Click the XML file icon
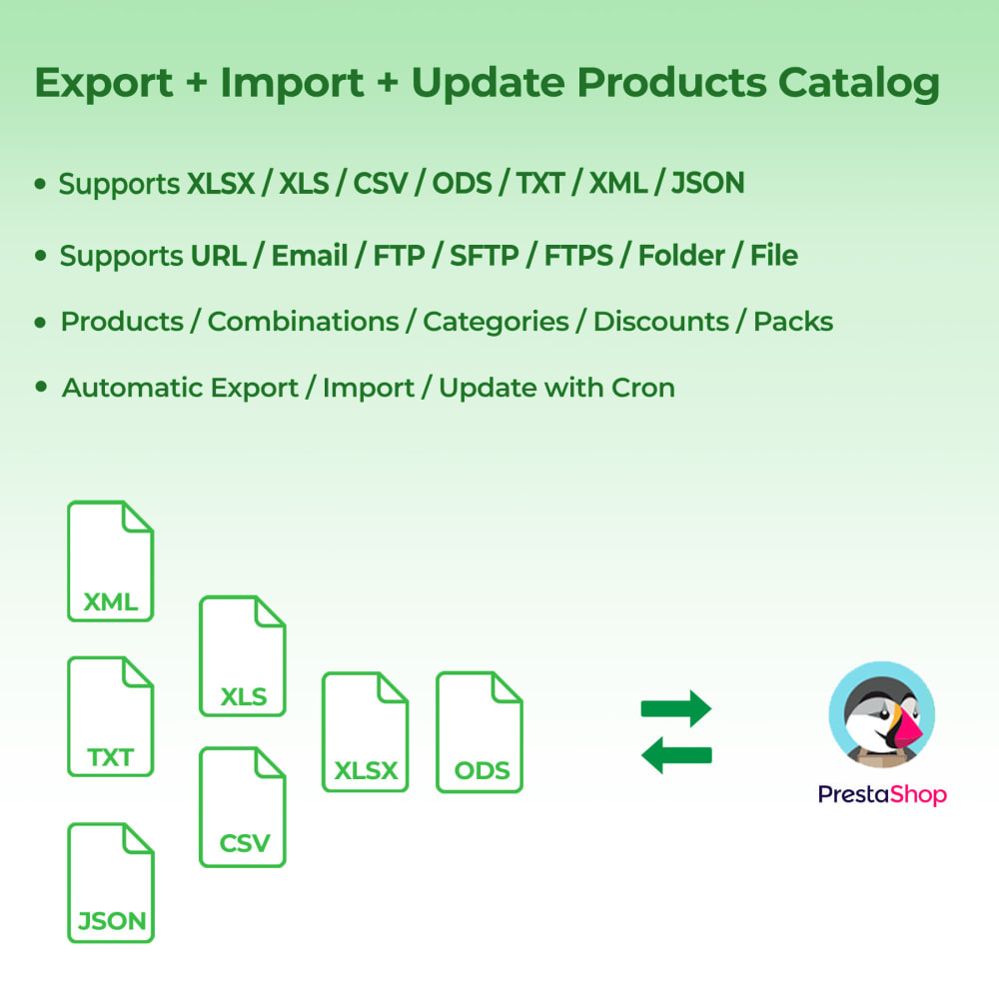[110, 561]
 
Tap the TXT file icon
[110, 716]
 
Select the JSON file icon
[110, 882]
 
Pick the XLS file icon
[243, 656]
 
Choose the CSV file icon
[243, 807]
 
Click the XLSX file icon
[365, 732]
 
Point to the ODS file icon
[480, 732]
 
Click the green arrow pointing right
[675, 709]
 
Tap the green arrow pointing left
[675, 756]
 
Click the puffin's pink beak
[908, 734]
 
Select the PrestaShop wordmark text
[881, 794]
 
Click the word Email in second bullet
[310, 256]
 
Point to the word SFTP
[484, 256]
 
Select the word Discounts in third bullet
[660, 322]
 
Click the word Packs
[792, 322]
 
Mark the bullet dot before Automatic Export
[41, 387]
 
